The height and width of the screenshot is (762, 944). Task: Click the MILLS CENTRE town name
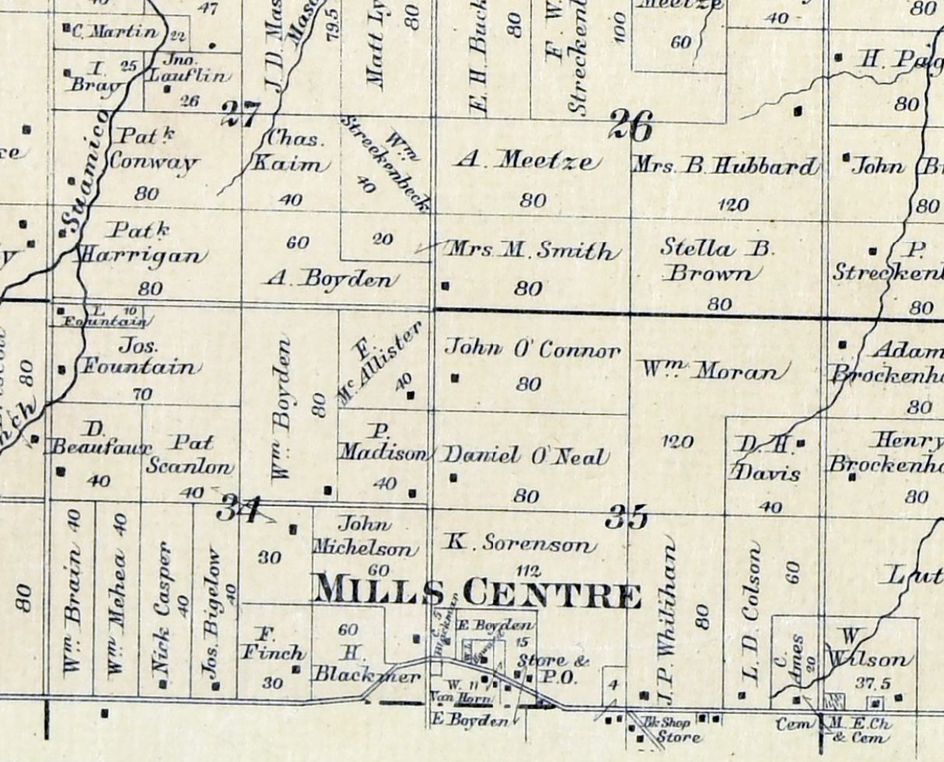coord(476,594)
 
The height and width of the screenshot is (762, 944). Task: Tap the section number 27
coord(240,115)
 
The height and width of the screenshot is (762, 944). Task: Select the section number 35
coord(627,517)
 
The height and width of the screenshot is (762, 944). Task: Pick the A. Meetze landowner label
coord(529,162)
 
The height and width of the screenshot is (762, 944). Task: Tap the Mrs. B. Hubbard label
coord(725,166)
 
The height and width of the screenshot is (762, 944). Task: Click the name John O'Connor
coord(533,350)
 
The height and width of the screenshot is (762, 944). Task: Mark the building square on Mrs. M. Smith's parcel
coord(445,285)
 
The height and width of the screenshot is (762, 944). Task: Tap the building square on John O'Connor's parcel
coord(455,379)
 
